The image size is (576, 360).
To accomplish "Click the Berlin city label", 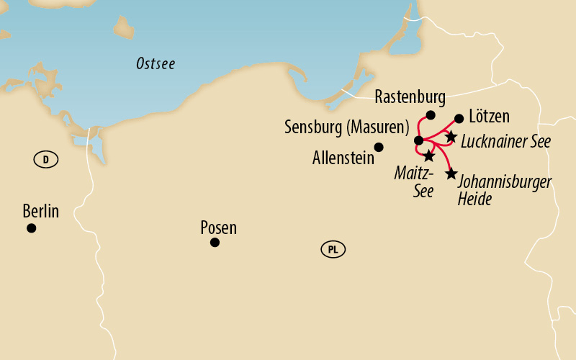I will coord(40,212).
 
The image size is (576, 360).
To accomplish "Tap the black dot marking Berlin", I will coord(31,228).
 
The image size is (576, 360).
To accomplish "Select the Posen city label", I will coord(218,228).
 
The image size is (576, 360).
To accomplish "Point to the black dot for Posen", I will coord(215,243).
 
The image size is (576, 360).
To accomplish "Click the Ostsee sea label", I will coord(156,64).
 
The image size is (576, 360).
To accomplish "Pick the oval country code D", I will coord(45,160).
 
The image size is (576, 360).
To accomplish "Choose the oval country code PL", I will coord(333,250).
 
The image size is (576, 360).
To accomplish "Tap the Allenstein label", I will coord(343,158).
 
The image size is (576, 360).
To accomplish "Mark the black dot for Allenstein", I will coord(379,147).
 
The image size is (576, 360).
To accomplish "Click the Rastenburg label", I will coord(410,96).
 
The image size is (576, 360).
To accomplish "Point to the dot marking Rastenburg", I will coord(431,115).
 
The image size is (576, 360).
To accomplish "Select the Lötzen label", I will coord(489,116).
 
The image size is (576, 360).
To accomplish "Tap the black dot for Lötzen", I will coord(459,118).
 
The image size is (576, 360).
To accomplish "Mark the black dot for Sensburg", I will coord(418,140).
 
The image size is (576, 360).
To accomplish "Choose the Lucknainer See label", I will coord(505,141).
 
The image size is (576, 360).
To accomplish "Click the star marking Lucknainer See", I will coord(451,136).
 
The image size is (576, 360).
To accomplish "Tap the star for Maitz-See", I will coord(428,156).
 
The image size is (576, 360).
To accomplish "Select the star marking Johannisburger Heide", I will coord(451,174).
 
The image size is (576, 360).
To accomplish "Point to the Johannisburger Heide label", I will coord(504,189).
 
